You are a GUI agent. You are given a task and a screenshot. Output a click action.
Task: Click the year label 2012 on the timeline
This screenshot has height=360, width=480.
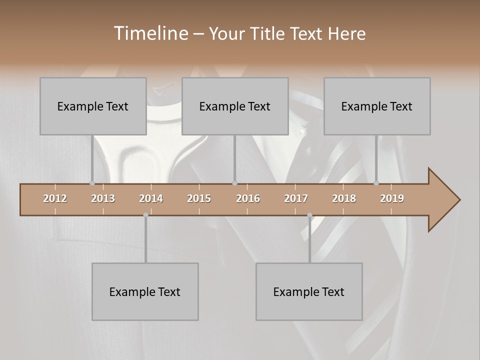coord(55,198)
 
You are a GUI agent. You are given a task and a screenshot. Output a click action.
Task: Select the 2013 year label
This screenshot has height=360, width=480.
coord(103,198)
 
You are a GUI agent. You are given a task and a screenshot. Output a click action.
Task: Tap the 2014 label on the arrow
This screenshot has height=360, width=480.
coord(151,198)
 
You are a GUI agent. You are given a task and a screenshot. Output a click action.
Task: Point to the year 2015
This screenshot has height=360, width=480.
coord(199,198)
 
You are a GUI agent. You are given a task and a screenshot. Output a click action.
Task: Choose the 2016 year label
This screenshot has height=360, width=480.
coord(248,198)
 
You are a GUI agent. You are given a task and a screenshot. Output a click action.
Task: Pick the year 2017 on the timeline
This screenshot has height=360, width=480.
coord(296,198)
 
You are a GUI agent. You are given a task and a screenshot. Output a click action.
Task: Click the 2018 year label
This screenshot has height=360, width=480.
coord(344,198)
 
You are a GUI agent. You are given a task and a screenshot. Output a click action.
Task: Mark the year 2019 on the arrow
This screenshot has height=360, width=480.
coord(392,198)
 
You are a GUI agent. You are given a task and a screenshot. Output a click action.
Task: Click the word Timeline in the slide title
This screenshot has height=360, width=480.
coord(149,33)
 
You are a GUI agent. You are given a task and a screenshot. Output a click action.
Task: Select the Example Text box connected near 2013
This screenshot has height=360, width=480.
coord(93,106)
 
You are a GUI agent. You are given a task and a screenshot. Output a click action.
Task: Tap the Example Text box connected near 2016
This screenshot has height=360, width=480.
coord(235,106)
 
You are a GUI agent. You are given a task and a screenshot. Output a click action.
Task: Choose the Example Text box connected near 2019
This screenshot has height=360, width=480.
coord(377,106)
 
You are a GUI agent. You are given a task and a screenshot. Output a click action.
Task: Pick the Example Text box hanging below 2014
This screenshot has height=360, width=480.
coord(145,291)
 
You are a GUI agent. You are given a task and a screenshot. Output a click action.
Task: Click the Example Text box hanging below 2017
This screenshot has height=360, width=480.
coord(309,291)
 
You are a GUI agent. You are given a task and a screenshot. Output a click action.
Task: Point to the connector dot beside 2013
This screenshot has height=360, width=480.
coord(92,183)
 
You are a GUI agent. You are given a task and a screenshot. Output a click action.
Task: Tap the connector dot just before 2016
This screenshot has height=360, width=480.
coord(234,183)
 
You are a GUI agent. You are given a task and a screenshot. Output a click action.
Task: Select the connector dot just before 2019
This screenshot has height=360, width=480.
coord(376,183)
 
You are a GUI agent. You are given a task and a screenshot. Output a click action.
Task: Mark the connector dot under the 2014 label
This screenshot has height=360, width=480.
coord(145,215)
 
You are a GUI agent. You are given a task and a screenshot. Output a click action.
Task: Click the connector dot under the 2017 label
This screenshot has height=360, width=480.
coord(309,215)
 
